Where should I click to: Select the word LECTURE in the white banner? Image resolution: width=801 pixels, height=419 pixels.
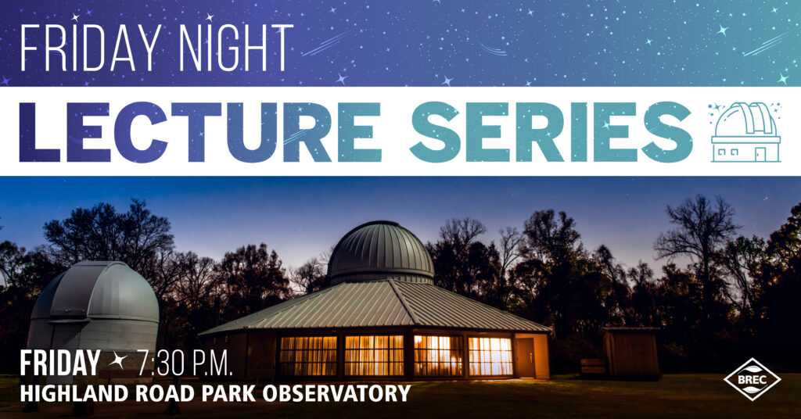click(x=201, y=131)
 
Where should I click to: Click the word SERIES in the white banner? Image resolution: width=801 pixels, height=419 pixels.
click(x=551, y=131)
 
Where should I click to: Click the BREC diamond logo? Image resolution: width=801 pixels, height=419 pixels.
click(x=752, y=379)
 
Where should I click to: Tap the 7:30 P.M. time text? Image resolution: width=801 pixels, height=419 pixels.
click(x=185, y=363)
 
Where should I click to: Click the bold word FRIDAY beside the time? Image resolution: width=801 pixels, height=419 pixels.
click(x=59, y=363)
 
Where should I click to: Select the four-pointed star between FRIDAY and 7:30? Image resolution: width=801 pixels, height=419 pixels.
click(x=118, y=362)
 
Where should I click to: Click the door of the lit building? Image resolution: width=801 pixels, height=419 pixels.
click(x=525, y=357)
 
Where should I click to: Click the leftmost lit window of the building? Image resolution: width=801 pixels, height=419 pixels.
click(x=308, y=356)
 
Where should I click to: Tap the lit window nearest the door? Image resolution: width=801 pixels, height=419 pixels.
click(x=490, y=356)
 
